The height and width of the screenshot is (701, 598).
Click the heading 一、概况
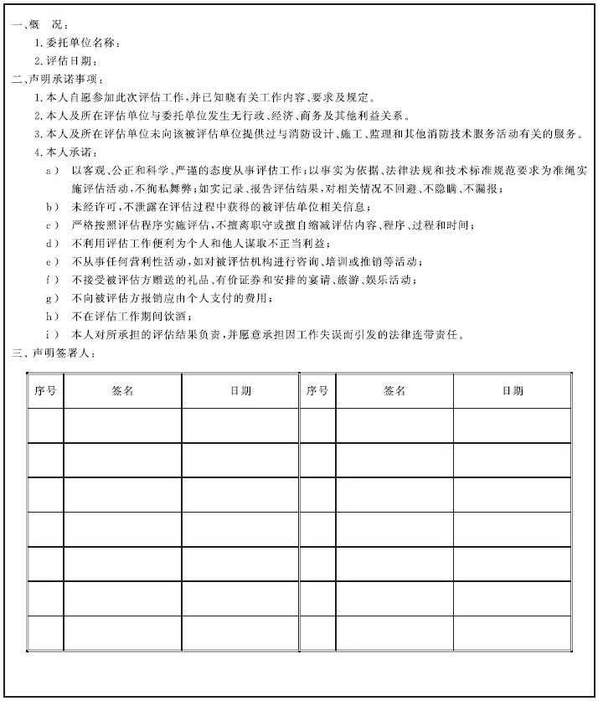[x=41, y=25]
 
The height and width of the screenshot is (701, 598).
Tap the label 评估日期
[x=67, y=61]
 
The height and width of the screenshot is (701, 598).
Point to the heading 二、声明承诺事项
[x=58, y=80]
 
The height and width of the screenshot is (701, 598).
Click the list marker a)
[x=53, y=170]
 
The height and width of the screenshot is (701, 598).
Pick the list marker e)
[x=53, y=261]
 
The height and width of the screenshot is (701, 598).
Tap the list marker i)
[x=53, y=335]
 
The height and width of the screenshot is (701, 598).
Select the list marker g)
[x=53, y=298]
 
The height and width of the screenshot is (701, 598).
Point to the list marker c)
[x=53, y=225]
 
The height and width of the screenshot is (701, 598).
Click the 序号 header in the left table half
[x=45, y=391]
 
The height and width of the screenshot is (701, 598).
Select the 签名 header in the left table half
[x=122, y=391]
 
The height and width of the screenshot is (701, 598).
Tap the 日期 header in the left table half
[x=240, y=391]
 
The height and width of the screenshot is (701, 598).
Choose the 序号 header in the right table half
[x=317, y=391]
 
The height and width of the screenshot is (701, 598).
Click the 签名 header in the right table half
[x=394, y=391]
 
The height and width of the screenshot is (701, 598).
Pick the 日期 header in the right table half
[x=513, y=391]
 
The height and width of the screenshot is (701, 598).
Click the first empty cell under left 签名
[x=122, y=425]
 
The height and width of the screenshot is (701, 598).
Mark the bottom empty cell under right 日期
[x=513, y=633]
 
